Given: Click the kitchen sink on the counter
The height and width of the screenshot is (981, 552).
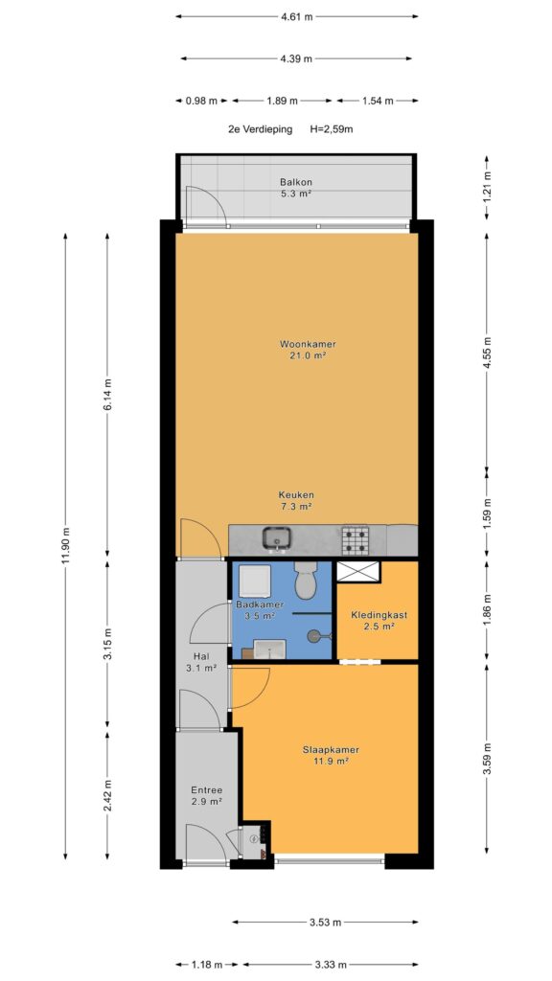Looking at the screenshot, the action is point(276,539).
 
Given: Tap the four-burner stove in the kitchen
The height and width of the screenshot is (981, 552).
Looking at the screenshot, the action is point(355,540).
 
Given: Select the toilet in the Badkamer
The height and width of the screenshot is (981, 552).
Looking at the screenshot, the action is point(306,580).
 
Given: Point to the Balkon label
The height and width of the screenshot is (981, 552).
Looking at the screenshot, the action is point(296,182).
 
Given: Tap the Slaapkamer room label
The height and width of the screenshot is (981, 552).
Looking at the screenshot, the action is point(325,749).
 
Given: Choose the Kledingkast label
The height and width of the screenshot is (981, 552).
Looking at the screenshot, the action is point(379,615).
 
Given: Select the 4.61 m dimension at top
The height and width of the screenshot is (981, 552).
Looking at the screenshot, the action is point(297,17).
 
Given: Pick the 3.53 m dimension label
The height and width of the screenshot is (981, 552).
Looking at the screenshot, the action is point(326,923).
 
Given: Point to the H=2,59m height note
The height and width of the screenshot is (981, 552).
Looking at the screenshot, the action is point(332,130).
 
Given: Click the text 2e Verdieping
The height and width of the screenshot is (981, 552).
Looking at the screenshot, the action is point(261,130).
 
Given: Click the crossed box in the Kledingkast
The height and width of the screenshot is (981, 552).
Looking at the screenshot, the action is point(358,571).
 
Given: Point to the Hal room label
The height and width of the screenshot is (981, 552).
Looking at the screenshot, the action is point(201,657).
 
